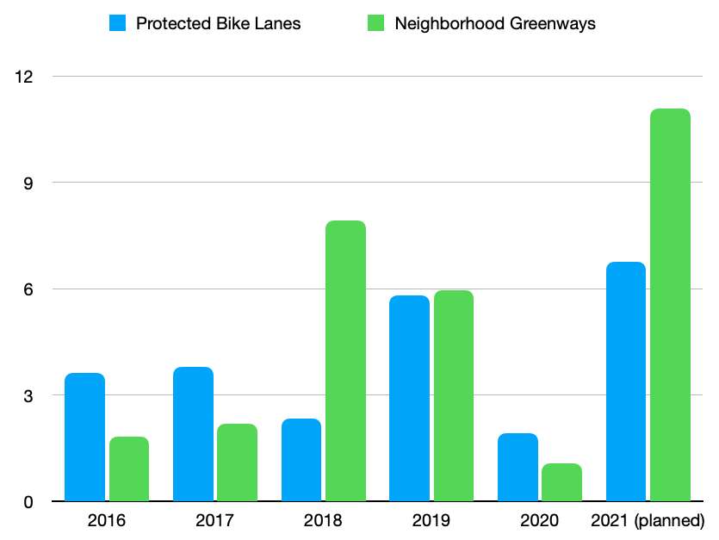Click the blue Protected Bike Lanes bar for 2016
[x=84, y=437]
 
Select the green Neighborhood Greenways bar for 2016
[x=128, y=469]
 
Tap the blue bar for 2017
[x=193, y=434]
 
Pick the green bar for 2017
[x=237, y=462]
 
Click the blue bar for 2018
[x=301, y=460]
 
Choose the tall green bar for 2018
[x=345, y=361]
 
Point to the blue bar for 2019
[x=409, y=398]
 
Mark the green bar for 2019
[x=453, y=395]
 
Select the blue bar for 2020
[x=518, y=467]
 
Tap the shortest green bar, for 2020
[x=561, y=482]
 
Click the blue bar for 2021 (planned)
[x=625, y=382]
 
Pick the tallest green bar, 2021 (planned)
[x=670, y=305]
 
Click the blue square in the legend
[x=118, y=23]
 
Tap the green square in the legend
[x=376, y=23]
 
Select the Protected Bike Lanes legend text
[x=219, y=23]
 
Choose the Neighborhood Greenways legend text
[x=495, y=23]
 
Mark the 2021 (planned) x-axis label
[x=648, y=521]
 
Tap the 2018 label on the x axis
[x=323, y=521]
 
